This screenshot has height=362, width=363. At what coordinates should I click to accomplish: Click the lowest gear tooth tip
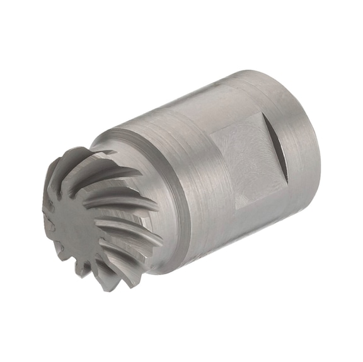[107, 283]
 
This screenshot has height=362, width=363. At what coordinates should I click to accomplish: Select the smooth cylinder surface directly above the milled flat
[221, 104]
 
